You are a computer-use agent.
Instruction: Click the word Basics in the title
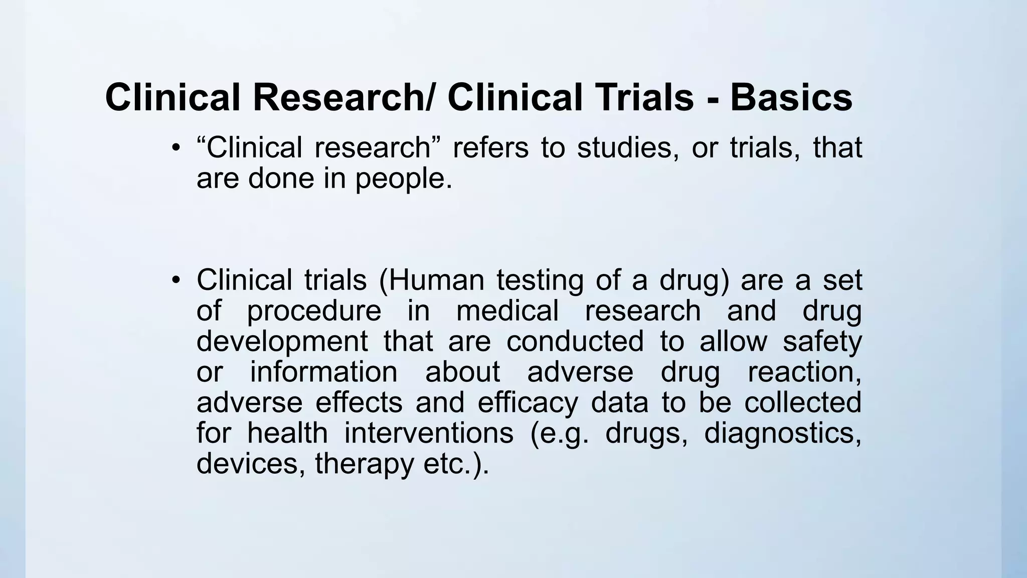(x=791, y=97)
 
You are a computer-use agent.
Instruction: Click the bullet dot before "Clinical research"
(x=175, y=148)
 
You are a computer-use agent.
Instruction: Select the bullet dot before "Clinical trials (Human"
(x=175, y=280)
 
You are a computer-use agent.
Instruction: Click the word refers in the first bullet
(x=490, y=148)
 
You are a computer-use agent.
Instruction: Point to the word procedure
(x=314, y=311)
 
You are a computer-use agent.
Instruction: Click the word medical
(x=507, y=311)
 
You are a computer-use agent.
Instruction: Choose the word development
(x=282, y=342)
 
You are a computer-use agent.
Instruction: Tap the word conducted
(x=575, y=342)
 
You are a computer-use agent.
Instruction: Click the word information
(x=323, y=372)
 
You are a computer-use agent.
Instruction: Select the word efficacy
(x=528, y=403)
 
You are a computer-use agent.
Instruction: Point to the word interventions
(x=429, y=433)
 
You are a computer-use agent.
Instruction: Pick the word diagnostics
(x=783, y=433)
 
